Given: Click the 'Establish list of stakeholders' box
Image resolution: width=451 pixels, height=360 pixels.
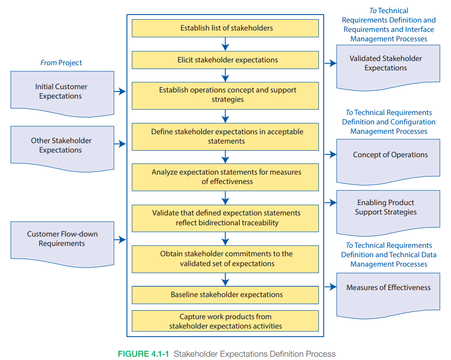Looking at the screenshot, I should click(225, 28).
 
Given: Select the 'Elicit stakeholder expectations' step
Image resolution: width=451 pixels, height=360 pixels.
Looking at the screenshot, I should click(225, 60).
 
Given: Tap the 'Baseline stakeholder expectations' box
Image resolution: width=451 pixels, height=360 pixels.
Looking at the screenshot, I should click(225, 295).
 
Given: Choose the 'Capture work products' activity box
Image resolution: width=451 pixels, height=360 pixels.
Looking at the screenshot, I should click(225, 321).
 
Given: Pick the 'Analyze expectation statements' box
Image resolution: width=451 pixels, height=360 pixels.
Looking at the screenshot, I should click(225, 177).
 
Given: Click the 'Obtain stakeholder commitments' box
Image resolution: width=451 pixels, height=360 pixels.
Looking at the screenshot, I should click(225, 259).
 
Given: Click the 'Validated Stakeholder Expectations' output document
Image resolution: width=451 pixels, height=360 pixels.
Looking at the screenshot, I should click(388, 64).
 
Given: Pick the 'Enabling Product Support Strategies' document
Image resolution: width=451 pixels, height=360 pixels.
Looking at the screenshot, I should click(388, 208).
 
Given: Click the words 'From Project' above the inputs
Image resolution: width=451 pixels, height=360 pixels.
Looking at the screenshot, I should click(61, 63).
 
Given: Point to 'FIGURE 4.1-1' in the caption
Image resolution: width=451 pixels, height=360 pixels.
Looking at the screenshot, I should click(144, 354).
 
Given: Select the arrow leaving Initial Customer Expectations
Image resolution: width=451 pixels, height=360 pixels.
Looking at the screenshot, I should click(120, 92).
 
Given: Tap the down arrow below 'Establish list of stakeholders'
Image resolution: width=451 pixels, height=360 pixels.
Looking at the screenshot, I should click(225, 44).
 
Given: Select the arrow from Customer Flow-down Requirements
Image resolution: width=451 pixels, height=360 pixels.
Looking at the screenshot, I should click(120, 239).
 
